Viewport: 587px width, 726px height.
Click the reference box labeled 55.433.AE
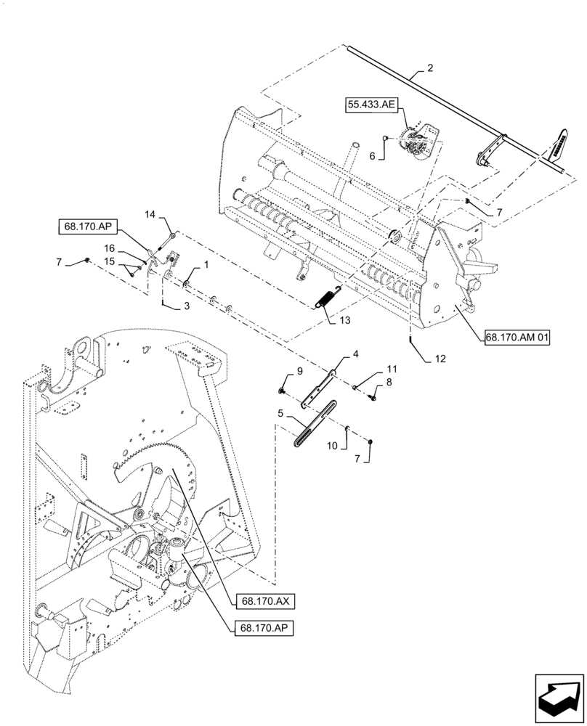click(371, 106)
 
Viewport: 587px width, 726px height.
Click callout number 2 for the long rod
click(430, 68)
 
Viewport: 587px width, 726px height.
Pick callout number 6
click(373, 155)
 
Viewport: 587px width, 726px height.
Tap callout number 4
click(356, 354)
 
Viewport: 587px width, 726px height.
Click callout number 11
click(392, 370)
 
